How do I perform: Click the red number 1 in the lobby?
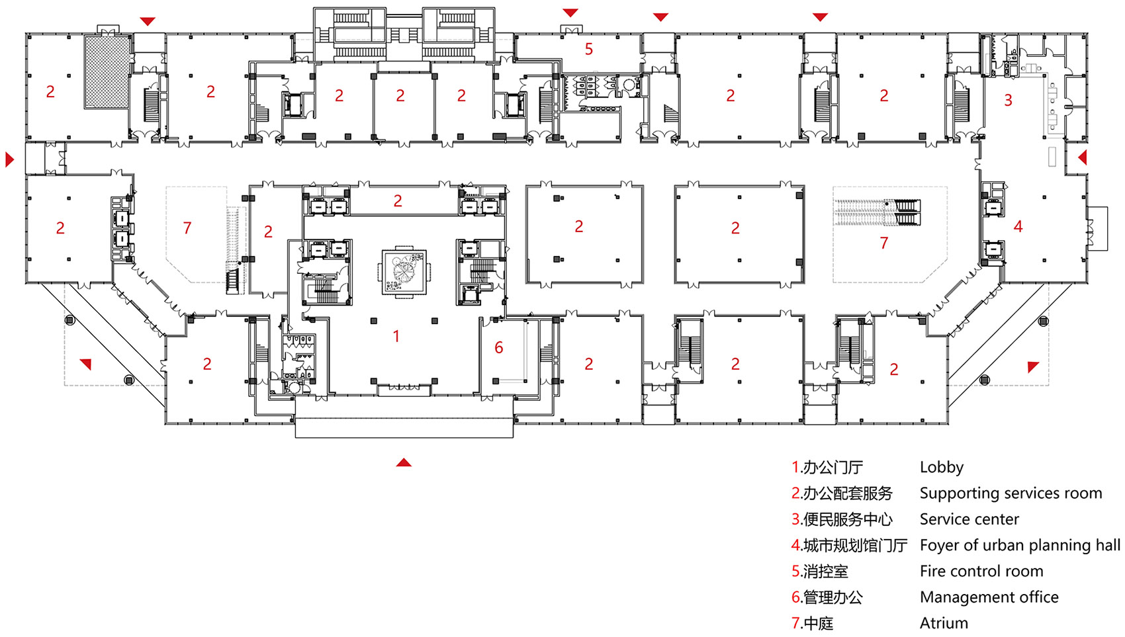point(396,337)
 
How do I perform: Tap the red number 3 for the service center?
point(1008,101)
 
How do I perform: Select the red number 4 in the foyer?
point(1018,227)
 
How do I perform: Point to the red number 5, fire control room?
point(588,49)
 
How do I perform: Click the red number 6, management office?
point(499,348)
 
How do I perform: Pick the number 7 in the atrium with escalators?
point(883,243)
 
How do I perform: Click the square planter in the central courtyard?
point(404,272)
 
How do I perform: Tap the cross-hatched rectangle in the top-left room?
point(107,71)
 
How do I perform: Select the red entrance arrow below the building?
point(404,462)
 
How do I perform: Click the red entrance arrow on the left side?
point(9,159)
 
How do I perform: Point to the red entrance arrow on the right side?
point(1082,157)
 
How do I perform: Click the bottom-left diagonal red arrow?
point(86,363)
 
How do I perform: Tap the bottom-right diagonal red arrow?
point(1033,366)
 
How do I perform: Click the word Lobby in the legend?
point(941,467)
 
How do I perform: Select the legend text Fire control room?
point(981,571)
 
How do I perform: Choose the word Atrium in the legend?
point(944,623)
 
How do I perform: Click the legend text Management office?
point(989,597)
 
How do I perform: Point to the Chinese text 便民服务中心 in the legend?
point(847,519)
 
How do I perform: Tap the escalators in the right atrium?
point(877,212)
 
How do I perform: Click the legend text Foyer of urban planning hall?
point(1019,545)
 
